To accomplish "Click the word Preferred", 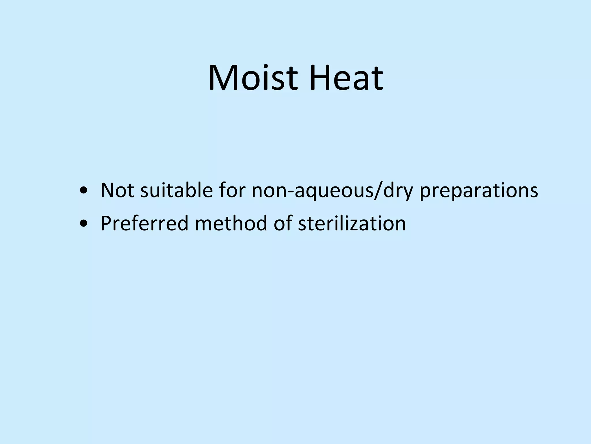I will pyautogui.click(x=144, y=223).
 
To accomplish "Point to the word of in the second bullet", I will pyautogui.click(x=282, y=223).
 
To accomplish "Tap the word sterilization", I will pyautogui.click(x=352, y=223).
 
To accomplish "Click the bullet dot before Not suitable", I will pyautogui.click(x=84, y=191).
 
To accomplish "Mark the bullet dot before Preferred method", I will pyautogui.click(x=84, y=224).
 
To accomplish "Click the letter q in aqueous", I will pyautogui.click(x=314, y=193).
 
